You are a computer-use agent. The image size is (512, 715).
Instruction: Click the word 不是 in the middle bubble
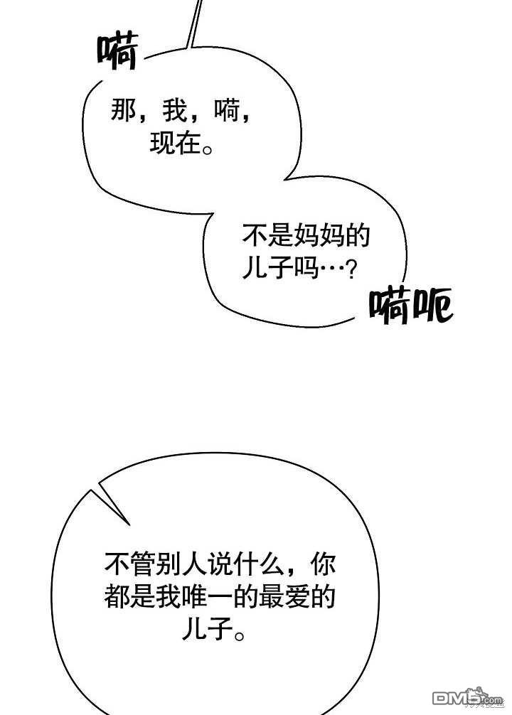[x=267, y=236]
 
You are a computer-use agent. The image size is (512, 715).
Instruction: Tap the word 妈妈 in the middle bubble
[x=319, y=236]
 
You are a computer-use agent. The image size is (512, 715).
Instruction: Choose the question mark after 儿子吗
[x=348, y=270]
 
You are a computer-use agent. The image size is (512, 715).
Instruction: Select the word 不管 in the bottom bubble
[x=129, y=566]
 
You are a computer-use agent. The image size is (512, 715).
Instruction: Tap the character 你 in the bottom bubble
[x=325, y=566]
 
